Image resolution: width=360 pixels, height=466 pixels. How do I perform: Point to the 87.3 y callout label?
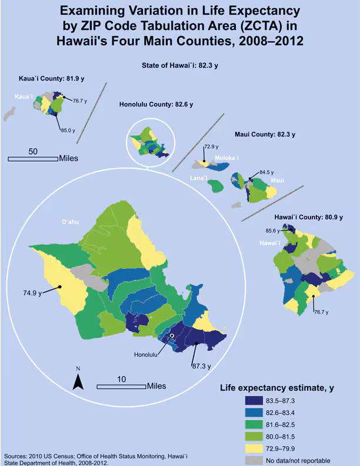(x=201, y=365)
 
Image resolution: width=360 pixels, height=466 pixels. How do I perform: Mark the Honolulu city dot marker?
(x=172, y=336)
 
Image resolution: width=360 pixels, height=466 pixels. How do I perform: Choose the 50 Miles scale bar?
(x=33, y=158)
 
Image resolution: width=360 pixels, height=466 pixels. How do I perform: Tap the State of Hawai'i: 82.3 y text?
(x=179, y=66)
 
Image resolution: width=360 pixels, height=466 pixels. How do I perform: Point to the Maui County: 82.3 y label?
(x=265, y=135)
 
